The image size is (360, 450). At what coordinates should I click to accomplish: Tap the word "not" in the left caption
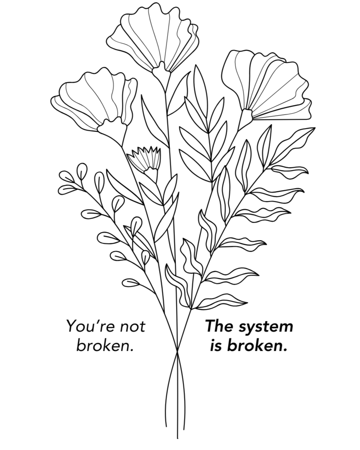(132, 326)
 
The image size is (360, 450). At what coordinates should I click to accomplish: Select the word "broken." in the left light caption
(105, 346)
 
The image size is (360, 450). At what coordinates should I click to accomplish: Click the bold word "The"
(220, 326)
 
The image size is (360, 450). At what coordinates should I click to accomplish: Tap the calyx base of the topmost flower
(161, 73)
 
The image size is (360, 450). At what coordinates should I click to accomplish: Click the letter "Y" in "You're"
(71, 326)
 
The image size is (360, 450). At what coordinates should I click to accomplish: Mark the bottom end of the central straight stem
(178, 438)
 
